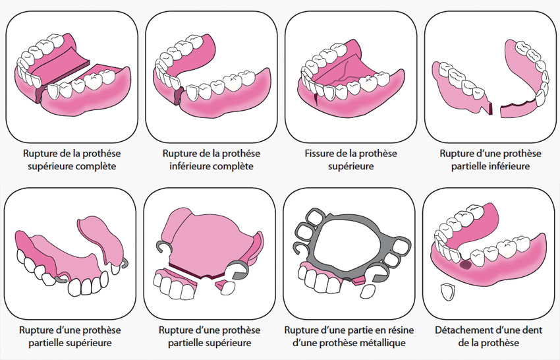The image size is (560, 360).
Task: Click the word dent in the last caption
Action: click(x=532, y=330)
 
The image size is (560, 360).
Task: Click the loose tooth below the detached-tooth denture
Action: click(x=446, y=293)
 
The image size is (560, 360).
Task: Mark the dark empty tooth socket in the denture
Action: click(x=465, y=265)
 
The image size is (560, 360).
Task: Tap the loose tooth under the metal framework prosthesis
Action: click(x=367, y=291)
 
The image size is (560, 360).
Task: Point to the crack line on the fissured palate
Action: click(x=339, y=77)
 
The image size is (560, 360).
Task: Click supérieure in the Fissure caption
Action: click(x=350, y=166)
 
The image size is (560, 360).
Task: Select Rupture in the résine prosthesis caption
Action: click(x=299, y=330)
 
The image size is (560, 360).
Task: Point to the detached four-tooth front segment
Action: click(x=175, y=283)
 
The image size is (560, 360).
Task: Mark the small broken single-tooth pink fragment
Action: click(x=225, y=286)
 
